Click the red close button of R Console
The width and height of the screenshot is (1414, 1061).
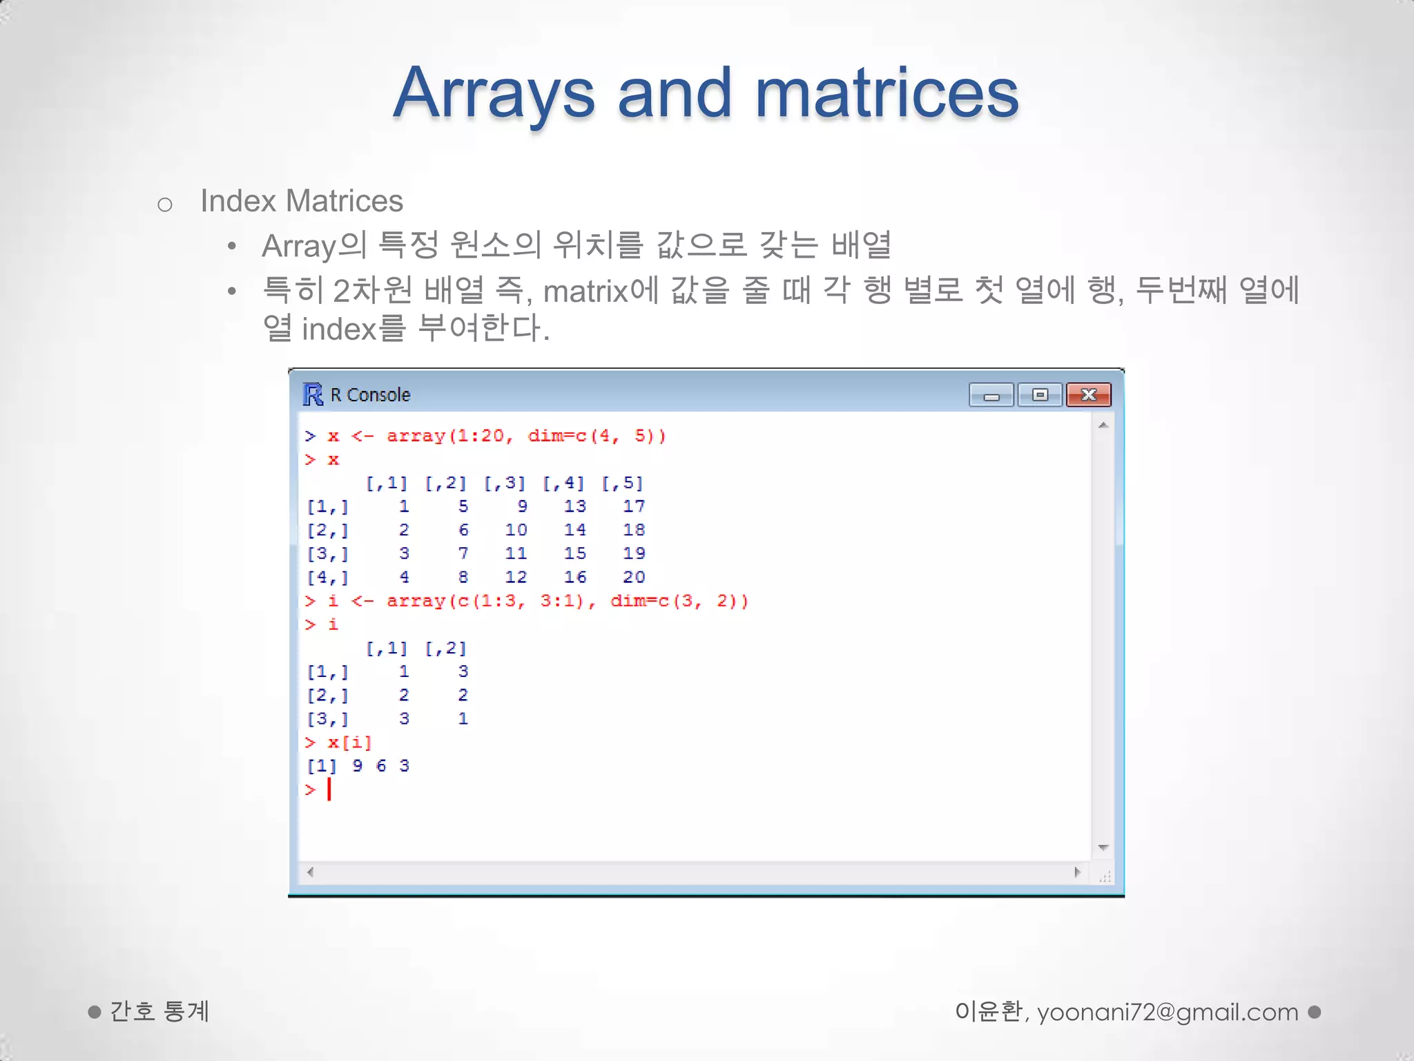click(1088, 395)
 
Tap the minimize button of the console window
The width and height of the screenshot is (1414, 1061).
click(991, 395)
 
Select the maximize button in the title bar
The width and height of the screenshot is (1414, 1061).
click(1040, 395)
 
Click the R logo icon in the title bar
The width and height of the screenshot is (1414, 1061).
click(313, 394)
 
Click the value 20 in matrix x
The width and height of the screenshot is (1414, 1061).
click(634, 577)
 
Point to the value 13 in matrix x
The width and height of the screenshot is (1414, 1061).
click(574, 506)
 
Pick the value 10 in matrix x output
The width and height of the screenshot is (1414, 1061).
click(516, 530)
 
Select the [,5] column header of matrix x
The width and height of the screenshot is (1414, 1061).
click(622, 483)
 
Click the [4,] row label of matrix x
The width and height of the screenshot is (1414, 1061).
click(327, 577)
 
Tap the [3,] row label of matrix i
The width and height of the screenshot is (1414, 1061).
click(327, 719)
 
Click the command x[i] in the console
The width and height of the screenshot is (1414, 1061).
click(349, 743)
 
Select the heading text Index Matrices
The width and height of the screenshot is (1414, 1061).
click(302, 201)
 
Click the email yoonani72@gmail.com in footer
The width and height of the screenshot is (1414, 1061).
click(1168, 1012)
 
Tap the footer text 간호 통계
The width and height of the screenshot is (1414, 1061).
click(159, 1011)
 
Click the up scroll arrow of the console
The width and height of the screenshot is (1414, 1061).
click(1103, 426)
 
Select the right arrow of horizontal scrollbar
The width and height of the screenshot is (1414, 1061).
click(1077, 872)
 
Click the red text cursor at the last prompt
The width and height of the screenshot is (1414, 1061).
click(329, 789)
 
